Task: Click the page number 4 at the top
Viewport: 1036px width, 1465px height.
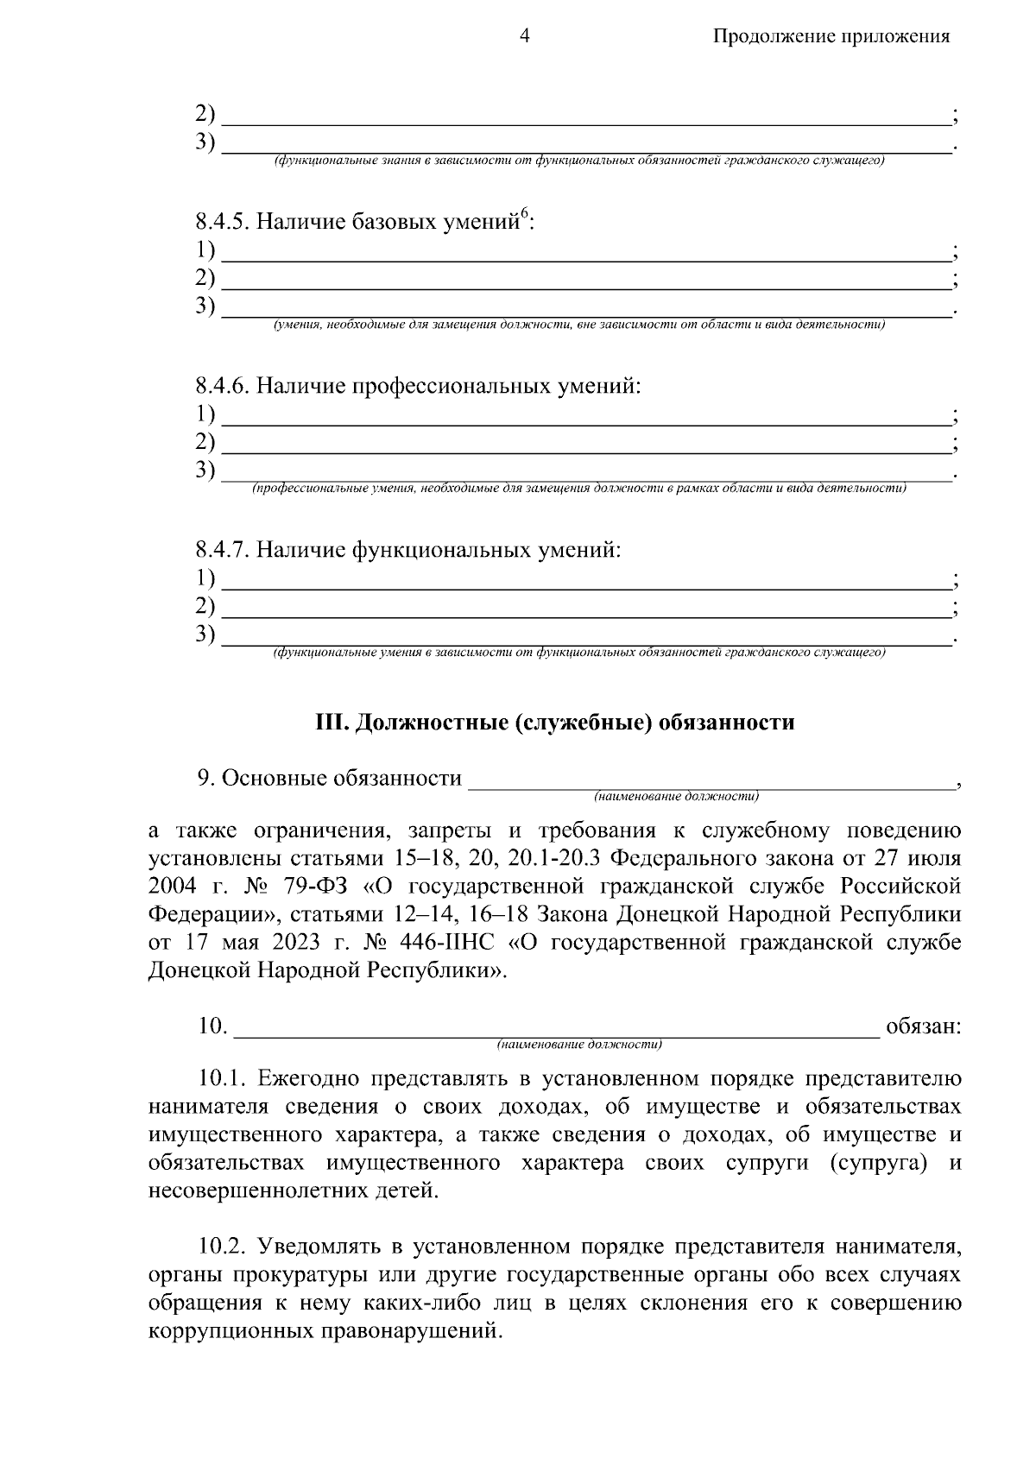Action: click(524, 35)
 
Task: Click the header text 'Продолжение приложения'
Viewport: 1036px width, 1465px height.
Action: click(831, 36)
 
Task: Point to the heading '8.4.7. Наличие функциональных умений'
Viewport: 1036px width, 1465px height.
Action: click(407, 549)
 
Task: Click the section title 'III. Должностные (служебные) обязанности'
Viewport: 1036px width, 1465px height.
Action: click(553, 723)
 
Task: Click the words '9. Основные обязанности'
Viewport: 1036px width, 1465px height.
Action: click(329, 778)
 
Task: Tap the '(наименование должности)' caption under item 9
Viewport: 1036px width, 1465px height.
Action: click(675, 795)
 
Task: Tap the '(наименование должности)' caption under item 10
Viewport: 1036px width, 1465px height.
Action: click(578, 1045)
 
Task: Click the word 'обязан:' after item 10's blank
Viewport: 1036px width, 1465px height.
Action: click(923, 1026)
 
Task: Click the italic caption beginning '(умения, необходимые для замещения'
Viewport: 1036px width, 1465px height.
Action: click(578, 325)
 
